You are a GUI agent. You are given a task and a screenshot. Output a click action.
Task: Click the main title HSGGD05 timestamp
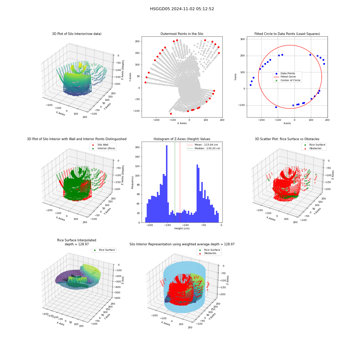point(182,9)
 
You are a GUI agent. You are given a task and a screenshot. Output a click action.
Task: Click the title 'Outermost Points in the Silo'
point(182,34)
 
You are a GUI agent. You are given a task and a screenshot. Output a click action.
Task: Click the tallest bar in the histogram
point(167,184)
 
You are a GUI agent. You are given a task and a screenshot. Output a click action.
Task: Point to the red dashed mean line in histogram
point(180,182)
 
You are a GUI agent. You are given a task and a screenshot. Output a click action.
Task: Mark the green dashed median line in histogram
point(175,182)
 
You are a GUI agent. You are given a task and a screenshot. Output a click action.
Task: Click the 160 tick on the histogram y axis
point(137,147)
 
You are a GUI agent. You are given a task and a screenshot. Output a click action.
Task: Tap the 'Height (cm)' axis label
point(182,229)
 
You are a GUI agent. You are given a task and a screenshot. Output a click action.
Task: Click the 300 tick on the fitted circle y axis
point(242,39)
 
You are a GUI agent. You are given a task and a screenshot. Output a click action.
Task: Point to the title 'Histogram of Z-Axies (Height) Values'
point(182,139)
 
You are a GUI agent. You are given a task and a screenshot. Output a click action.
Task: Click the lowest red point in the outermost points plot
point(171,114)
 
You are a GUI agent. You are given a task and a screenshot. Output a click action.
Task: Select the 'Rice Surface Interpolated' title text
point(76,240)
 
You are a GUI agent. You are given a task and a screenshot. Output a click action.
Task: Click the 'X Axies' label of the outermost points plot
point(182,123)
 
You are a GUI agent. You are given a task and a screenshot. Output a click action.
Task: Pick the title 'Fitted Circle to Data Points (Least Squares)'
point(287,34)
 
